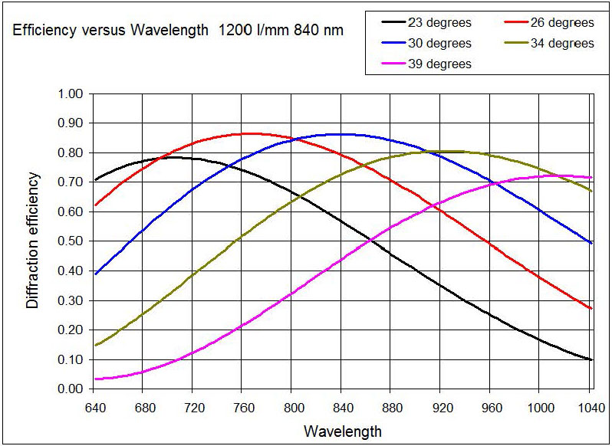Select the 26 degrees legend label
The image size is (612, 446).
point(557,23)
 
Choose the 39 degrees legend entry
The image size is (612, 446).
point(434,64)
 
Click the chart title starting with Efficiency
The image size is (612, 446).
point(177,32)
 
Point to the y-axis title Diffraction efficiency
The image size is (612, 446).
point(32,241)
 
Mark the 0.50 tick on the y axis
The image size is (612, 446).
point(70,241)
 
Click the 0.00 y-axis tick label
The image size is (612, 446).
point(70,389)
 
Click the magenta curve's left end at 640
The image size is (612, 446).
point(95,379)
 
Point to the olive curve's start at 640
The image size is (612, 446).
point(95,345)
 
